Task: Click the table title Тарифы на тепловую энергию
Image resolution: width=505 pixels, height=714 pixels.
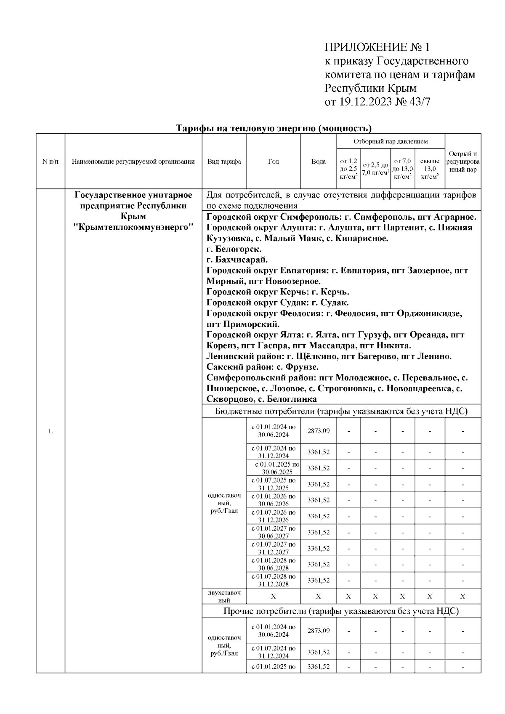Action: tap(274, 128)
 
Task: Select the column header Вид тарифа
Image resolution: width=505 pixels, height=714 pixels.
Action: tap(224, 162)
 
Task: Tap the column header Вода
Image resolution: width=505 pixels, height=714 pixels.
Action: tap(319, 162)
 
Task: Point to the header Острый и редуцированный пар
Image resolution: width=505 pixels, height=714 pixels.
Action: tap(463, 162)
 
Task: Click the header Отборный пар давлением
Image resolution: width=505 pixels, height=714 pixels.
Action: tap(390, 141)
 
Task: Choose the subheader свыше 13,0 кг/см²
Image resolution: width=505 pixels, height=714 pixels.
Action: tap(430, 169)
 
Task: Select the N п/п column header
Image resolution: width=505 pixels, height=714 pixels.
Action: tap(50, 162)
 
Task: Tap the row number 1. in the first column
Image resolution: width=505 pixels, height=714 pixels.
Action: tap(50, 431)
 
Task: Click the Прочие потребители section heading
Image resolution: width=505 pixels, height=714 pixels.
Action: tap(341, 611)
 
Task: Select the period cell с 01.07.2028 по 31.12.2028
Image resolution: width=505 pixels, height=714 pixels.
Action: tap(274, 580)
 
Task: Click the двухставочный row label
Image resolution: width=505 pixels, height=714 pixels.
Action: tap(224, 596)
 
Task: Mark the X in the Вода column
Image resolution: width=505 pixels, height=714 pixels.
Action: tap(319, 596)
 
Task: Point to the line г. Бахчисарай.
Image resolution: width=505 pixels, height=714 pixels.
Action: tap(237, 260)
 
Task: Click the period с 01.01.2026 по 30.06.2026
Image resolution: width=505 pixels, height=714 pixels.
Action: tap(274, 500)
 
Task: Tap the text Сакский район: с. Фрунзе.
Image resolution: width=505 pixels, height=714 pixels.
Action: tap(262, 367)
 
